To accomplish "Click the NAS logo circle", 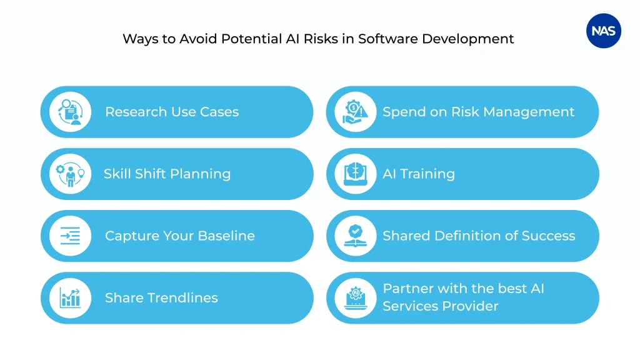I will (603, 31).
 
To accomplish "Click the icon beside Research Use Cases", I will (71, 112).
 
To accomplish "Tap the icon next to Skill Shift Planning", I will (71, 174).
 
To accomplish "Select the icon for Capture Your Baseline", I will (71, 236).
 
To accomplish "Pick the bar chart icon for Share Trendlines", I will (71, 298).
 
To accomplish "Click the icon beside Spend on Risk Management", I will (355, 112).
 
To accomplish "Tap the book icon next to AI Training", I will (355, 174).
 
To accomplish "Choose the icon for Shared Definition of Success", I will (355, 236).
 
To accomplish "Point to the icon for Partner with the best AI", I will (355, 298).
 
